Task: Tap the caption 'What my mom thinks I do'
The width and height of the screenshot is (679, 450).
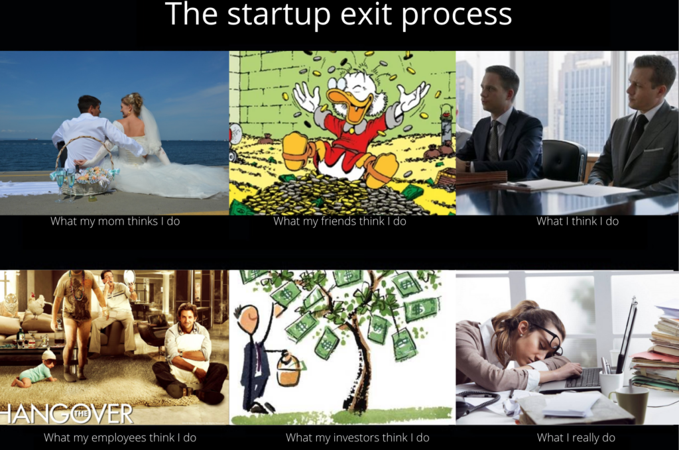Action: [x=115, y=221]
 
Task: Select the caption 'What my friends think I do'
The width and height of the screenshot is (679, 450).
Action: [x=339, y=221]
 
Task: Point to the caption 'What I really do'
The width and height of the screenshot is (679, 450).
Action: [x=576, y=437]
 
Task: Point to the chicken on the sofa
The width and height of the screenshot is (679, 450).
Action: [x=36, y=305]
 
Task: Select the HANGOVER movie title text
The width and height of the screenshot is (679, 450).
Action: [x=66, y=414]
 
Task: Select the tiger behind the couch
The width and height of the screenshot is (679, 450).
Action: [x=9, y=305]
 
